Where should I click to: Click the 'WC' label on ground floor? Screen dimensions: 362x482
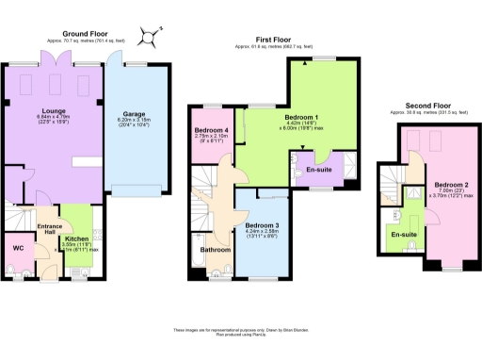click(18, 248)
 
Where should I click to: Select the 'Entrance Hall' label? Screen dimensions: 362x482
click(48, 229)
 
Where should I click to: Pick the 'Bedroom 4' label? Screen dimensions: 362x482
click(212, 129)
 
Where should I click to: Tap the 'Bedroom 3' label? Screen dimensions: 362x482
click(263, 226)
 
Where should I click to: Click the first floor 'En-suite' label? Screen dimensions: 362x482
click(319, 171)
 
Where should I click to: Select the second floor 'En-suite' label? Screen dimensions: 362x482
click(404, 234)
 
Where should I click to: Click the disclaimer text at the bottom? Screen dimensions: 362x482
click(241, 331)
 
